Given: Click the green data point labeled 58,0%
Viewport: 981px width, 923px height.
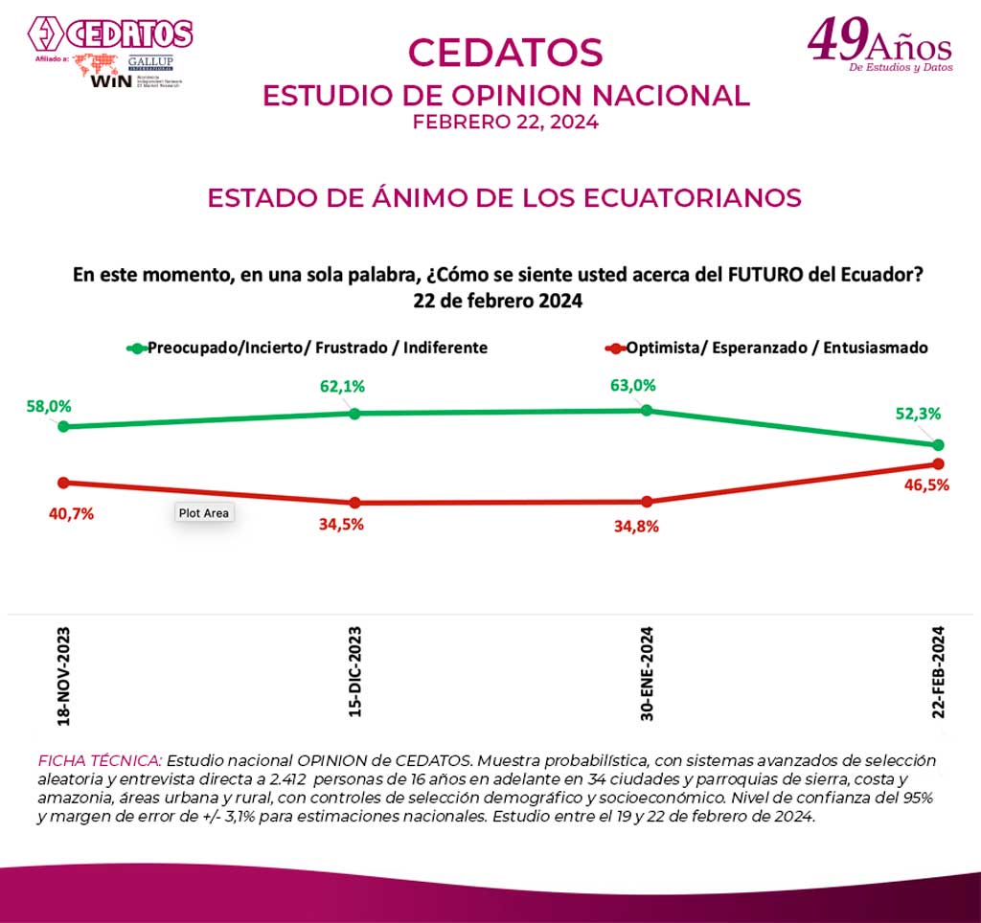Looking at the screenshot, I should [63, 426].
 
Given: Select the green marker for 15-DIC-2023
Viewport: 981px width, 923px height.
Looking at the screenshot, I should [354, 414].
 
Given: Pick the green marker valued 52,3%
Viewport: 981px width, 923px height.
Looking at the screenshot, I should [939, 445].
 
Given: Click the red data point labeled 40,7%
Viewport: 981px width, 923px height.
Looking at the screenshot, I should [63, 483].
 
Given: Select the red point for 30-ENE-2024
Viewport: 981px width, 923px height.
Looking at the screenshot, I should [647, 502].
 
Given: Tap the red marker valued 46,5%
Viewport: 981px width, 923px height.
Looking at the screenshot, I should [939, 465].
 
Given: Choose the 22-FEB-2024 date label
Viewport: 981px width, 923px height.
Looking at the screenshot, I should [939, 671].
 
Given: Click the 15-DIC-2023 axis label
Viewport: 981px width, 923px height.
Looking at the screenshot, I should [355, 671].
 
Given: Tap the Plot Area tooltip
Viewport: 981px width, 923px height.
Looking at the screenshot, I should [204, 513].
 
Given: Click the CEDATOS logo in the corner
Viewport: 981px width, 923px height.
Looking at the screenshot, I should [110, 35].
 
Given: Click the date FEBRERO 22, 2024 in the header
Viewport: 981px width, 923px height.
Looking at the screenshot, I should [505, 123].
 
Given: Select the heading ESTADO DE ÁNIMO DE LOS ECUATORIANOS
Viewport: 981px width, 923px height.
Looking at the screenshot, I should [504, 197].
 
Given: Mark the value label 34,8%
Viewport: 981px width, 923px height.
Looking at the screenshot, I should [636, 526].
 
